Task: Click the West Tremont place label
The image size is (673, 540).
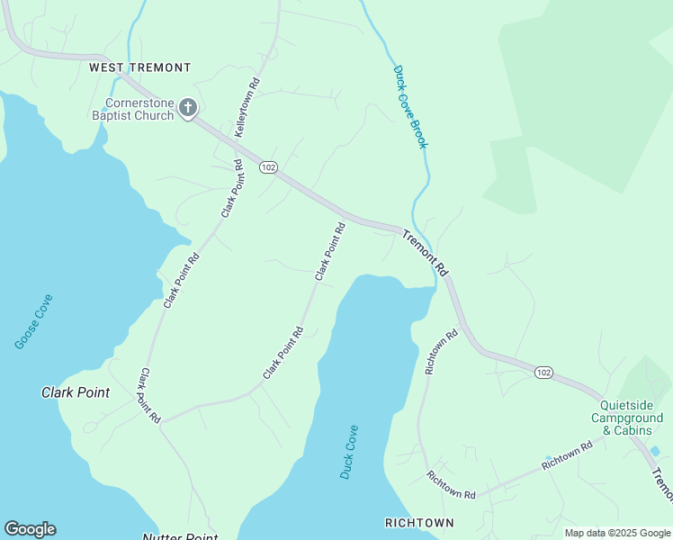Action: click(x=139, y=67)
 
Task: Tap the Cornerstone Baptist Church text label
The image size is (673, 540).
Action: click(x=132, y=109)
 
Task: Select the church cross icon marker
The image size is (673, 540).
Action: click(x=188, y=109)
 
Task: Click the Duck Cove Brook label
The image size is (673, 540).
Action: click(x=408, y=107)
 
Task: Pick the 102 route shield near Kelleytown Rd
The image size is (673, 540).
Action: click(x=267, y=167)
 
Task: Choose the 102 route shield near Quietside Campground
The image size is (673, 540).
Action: click(x=543, y=372)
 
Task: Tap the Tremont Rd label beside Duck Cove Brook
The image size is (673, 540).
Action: click(x=425, y=254)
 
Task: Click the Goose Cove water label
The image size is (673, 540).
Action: click(x=34, y=321)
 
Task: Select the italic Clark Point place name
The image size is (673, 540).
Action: click(x=76, y=392)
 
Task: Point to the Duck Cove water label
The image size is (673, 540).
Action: click(x=349, y=452)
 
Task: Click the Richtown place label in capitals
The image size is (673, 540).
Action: click(x=419, y=522)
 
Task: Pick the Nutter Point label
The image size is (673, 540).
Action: click(x=180, y=537)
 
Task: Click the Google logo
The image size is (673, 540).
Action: click(x=30, y=529)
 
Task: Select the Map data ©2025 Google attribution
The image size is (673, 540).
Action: click(x=617, y=533)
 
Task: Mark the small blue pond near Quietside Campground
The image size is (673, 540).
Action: click(x=655, y=451)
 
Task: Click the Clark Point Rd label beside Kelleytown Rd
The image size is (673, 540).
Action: click(x=233, y=189)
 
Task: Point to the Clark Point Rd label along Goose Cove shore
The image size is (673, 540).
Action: click(x=181, y=281)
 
